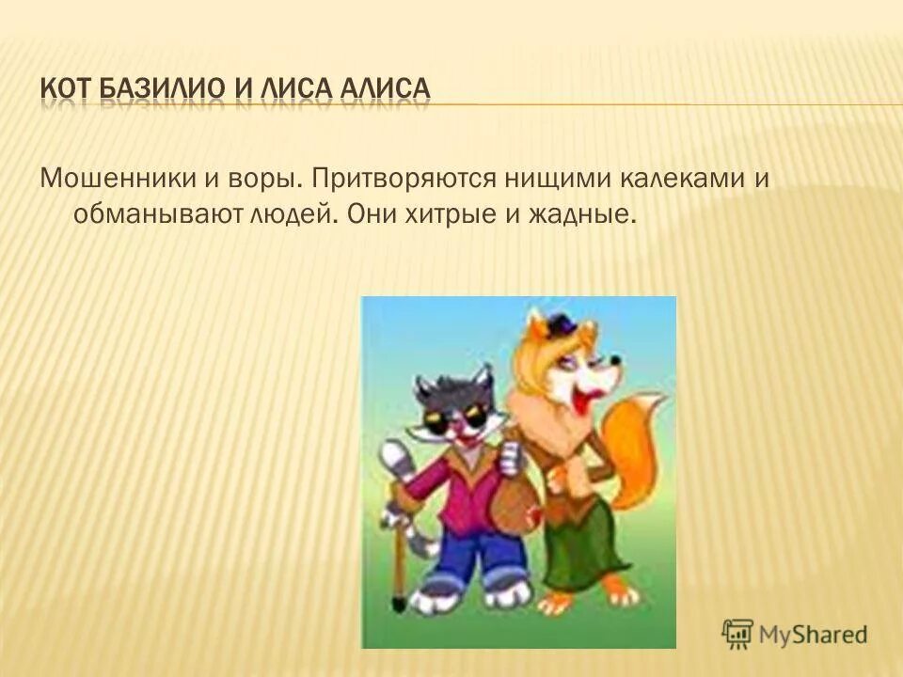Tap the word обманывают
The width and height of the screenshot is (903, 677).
point(155,214)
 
